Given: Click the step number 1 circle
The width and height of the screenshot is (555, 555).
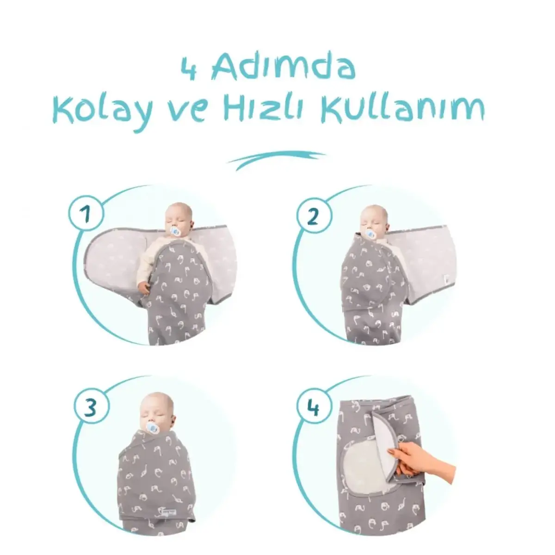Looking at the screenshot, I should pyautogui.click(x=87, y=214).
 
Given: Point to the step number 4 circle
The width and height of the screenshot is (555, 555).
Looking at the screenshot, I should pyautogui.click(x=313, y=408).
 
